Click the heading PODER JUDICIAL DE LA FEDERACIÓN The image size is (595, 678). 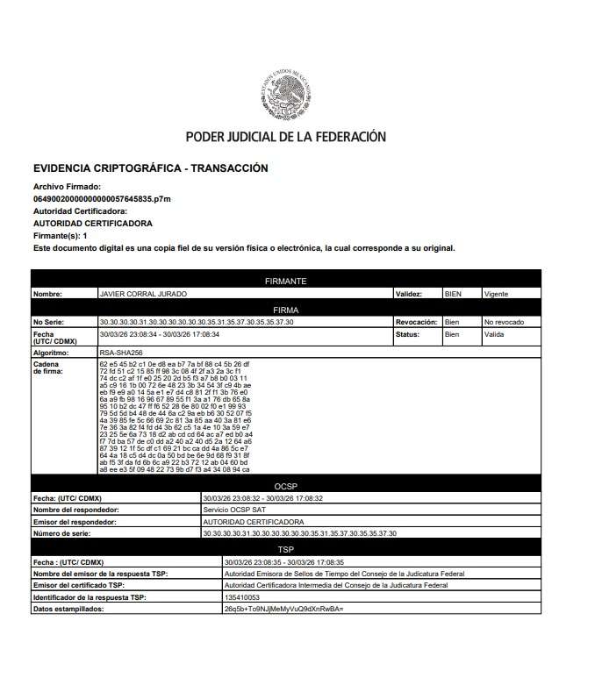pos(285,137)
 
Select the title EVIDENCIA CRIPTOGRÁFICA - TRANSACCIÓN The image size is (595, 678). pos(150,168)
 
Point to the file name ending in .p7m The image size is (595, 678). pos(102,199)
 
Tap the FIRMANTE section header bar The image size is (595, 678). pos(285,281)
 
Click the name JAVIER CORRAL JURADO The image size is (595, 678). pos(143,294)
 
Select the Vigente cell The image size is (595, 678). pos(496,294)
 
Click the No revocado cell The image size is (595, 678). pos(504,322)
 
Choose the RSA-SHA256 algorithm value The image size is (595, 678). pos(121,351)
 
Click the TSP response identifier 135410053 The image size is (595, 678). pos(242,596)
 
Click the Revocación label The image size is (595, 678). pos(416,322)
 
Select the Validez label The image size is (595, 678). pos(410,294)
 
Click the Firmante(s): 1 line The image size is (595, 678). pos(60,236)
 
